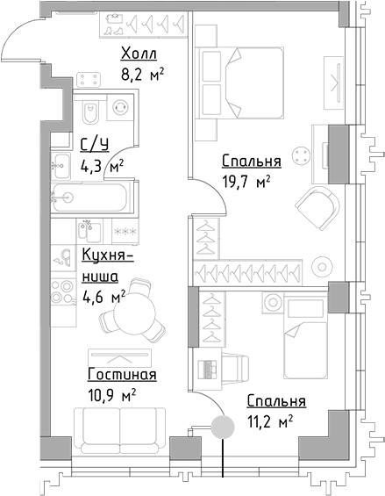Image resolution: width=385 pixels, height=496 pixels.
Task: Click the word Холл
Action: (139, 55)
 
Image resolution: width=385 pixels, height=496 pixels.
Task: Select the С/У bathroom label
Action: (95, 145)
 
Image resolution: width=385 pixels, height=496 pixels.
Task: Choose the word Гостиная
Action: (121, 376)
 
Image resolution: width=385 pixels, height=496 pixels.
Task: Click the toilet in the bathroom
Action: (90, 113)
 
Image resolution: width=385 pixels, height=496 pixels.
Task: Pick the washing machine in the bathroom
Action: (121, 110)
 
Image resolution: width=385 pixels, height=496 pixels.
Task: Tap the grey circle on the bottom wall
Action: (223, 428)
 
